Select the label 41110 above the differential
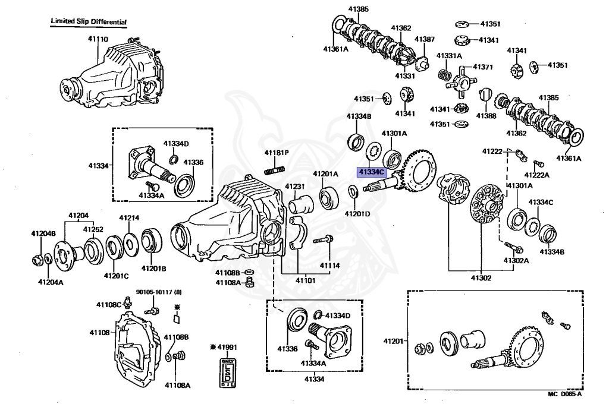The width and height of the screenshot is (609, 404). click(x=98, y=40)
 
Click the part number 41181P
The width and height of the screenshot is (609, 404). click(x=277, y=153)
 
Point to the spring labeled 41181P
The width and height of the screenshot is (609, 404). click(x=277, y=172)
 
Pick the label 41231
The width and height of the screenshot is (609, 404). click(x=294, y=187)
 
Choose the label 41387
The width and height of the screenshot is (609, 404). click(x=425, y=39)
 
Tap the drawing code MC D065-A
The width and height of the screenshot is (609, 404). click(x=565, y=394)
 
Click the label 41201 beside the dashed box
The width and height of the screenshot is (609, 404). click(x=393, y=341)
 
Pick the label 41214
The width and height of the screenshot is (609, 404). click(x=128, y=218)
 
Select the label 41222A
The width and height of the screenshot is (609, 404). click(x=537, y=175)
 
